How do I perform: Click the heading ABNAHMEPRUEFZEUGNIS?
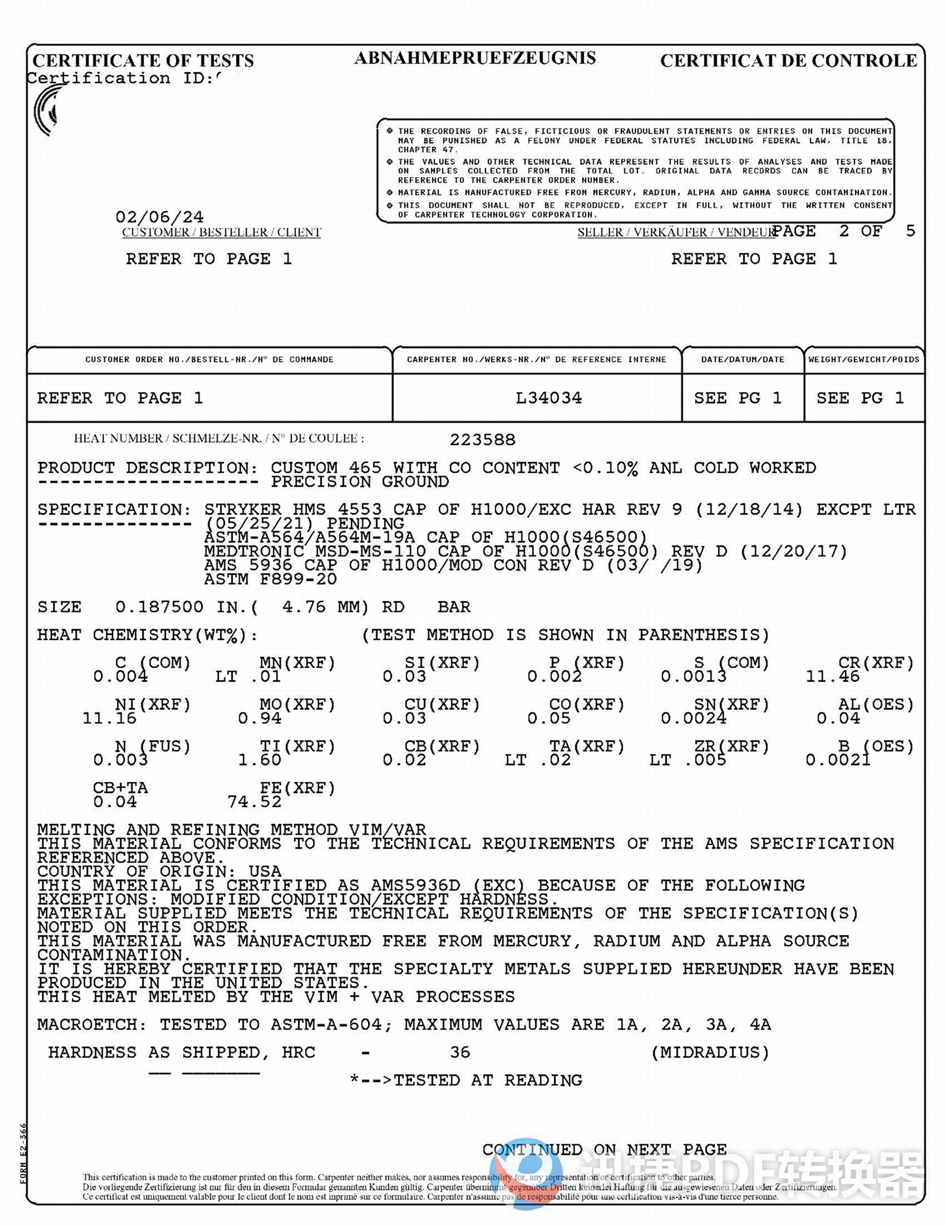[x=475, y=58]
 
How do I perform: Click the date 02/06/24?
[x=159, y=217]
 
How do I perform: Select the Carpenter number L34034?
[x=548, y=398]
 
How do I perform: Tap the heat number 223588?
[x=482, y=440]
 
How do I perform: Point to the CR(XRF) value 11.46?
[x=832, y=677]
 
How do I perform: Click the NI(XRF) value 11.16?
[x=109, y=718]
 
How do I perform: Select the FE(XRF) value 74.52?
[x=254, y=802]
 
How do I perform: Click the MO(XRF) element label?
[x=297, y=705]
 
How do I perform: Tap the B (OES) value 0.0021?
[x=838, y=760]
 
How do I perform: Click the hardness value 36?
[x=460, y=1052]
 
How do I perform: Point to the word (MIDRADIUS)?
[x=710, y=1052]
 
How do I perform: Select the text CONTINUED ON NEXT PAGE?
[x=604, y=1150]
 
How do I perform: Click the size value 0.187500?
[x=159, y=607]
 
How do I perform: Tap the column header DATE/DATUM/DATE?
[x=743, y=359]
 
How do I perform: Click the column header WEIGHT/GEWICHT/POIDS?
[x=863, y=359]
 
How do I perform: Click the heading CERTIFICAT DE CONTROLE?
[x=788, y=60]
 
